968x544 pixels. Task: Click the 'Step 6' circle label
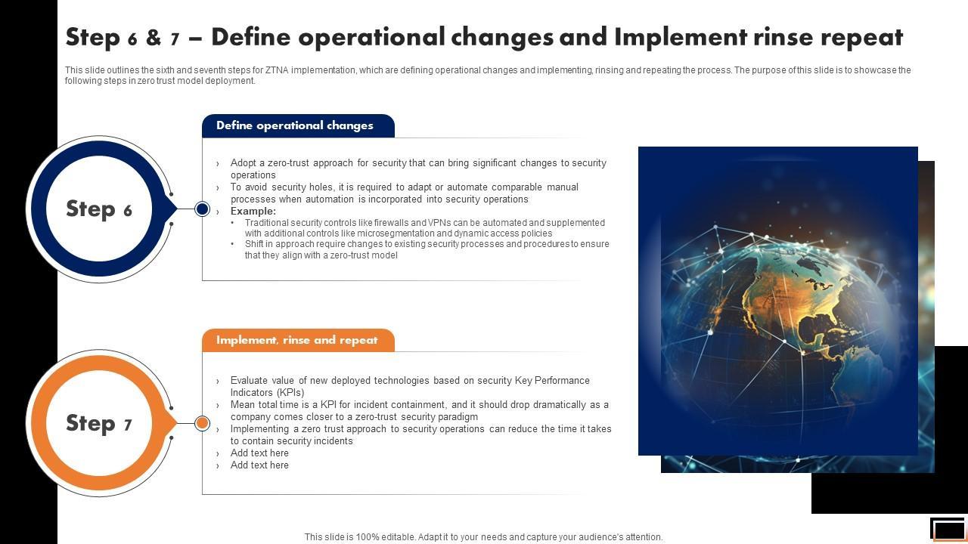pyautogui.click(x=99, y=209)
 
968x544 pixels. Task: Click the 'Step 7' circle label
pyautogui.click(x=99, y=423)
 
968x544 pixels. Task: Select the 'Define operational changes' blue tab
pyautogui.click(x=298, y=125)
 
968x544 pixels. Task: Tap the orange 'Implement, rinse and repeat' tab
pyautogui.click(x=298, y=340)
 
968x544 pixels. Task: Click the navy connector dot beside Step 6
pyautogui.click(x=202, y=209)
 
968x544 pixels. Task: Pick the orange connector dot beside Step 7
pyautogui.click(x=202, y=423)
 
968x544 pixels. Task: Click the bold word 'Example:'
pyautogui.click(x=253, y=211)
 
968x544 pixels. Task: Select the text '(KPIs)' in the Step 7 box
pyautogui.click(x=290, y=393)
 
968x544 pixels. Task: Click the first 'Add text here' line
pyautogui.click(x=259, y=453)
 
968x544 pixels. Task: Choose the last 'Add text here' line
pyautogui.click(x=259, y=465)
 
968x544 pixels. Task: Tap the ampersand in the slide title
pyautogui.click(x=154, y=37)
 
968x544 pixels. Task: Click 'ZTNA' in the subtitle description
pyautogui.click(x=277, y=70)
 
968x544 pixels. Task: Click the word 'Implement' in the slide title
pyautogui.click(x=681, y=38)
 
